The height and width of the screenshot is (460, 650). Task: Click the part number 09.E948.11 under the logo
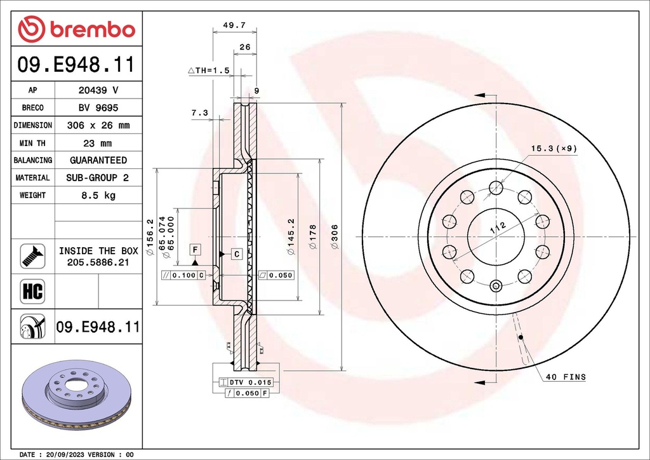(x=76, y=64)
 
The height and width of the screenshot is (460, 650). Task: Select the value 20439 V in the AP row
(x=98, y=90)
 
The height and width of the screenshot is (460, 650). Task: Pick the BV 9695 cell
(x=98, y=108)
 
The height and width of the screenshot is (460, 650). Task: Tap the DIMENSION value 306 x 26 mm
(x=98, y=125)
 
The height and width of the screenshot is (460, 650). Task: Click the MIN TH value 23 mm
(x=98, y=143)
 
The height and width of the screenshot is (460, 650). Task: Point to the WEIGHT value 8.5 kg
(x=98, y=195)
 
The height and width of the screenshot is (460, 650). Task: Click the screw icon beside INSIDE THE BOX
(x=32, y=255)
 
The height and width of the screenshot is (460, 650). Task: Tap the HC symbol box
(x=32, y=292)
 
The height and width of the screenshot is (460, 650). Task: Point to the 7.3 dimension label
(x=199, y=112)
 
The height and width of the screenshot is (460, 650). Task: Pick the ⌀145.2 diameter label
(x=290, y=236)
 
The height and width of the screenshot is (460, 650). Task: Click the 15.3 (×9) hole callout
(x=554, y=149)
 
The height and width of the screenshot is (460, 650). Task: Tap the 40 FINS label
(x=565, y=377)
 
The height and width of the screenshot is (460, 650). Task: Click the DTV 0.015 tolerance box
(x=246, y=382)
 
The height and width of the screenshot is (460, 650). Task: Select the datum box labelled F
(x=196, y=250)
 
